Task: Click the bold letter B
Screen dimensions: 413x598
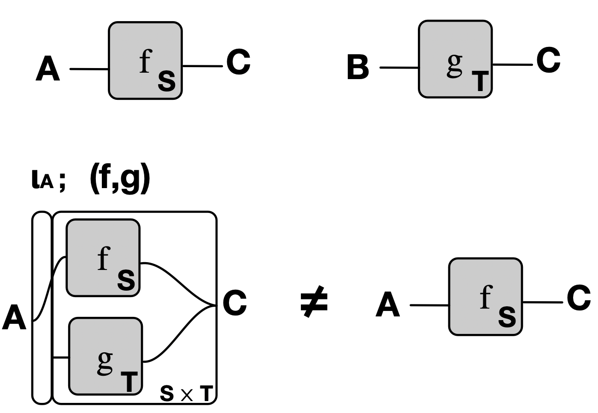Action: point(358,68)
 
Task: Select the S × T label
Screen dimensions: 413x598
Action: point(187,394)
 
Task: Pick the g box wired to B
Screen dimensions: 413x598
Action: point(455,59)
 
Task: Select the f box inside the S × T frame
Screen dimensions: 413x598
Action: point(103,258)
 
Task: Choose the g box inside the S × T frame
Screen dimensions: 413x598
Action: point(106,356)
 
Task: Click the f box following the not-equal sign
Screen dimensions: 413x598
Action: point(485,296)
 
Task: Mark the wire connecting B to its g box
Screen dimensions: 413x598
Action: point(399,68)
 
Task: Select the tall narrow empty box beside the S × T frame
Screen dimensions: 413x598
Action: point(41,308)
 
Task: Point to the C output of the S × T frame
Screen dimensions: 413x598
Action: point(235,304)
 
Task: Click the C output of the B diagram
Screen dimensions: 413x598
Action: point(548,61)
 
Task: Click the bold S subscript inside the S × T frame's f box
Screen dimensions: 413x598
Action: point(126,280)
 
